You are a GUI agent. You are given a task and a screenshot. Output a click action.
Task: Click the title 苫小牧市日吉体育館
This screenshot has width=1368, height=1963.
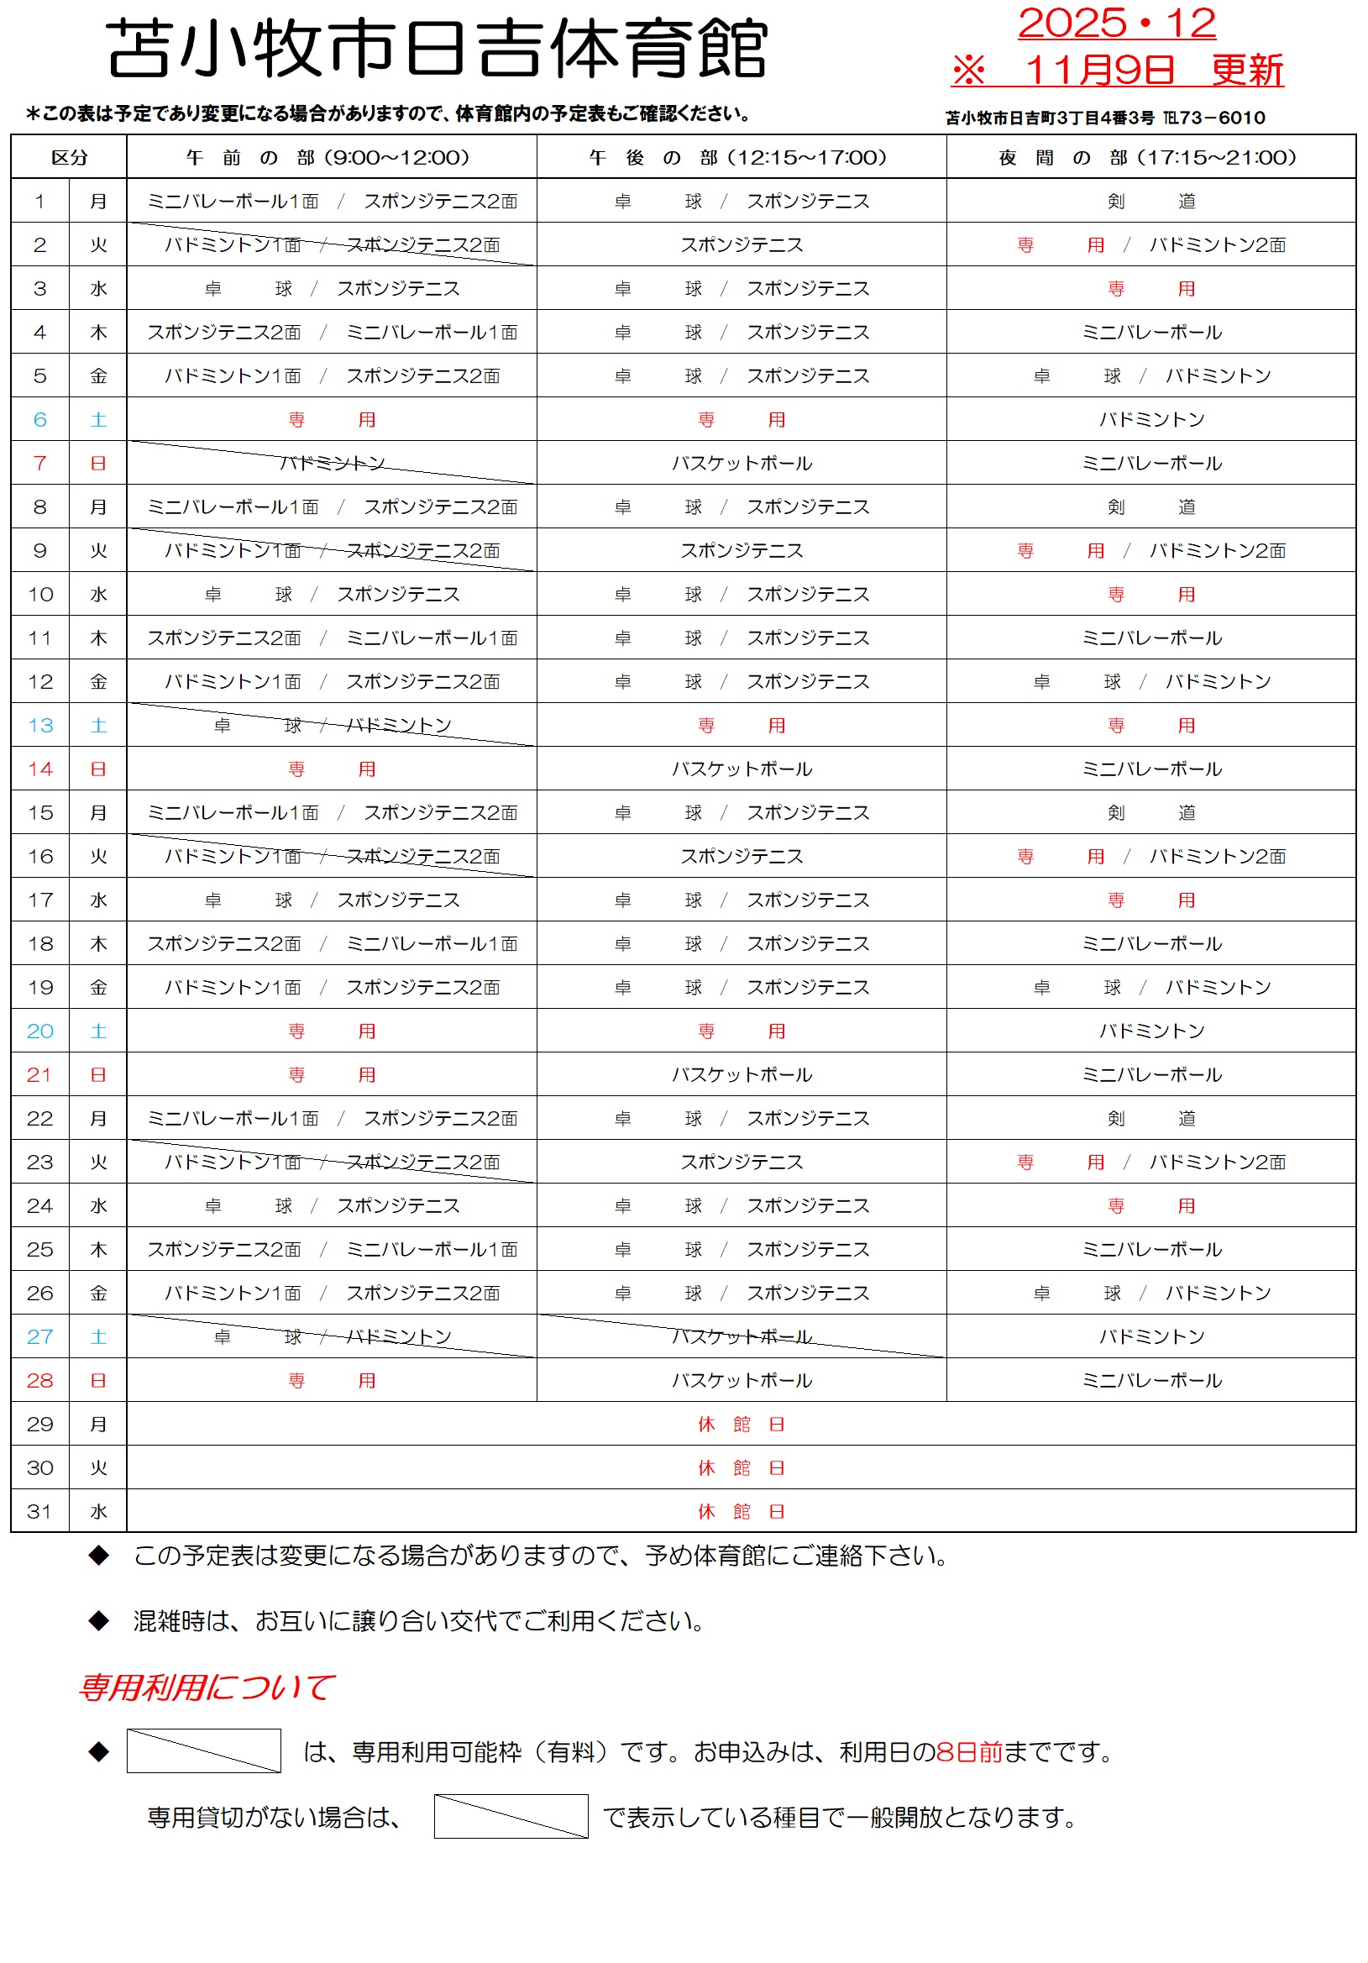[x=437, y=50]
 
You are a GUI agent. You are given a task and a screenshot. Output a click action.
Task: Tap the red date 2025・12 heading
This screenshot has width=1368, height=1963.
[x=1116, y=23]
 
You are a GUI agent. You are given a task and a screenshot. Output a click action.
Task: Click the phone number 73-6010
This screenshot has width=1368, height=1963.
[x=1222, y=118]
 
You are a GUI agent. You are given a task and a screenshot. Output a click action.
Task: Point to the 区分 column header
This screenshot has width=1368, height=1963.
[x=69, y=157]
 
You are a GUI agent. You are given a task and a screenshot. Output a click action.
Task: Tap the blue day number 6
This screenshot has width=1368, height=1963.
[x=40, y=420]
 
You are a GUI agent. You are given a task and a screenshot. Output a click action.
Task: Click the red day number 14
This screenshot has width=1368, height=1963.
[x=40, y=769]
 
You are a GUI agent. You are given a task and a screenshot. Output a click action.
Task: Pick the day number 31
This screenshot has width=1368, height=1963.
[x=40, y=1512]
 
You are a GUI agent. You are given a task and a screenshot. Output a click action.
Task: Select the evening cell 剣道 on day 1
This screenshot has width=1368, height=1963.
[x=1150, y=202]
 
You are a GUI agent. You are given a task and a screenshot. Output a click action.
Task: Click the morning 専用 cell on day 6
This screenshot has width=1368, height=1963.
[x=332, y=420]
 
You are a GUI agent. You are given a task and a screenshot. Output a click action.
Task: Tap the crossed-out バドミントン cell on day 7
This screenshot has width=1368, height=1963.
[x=332, y=464]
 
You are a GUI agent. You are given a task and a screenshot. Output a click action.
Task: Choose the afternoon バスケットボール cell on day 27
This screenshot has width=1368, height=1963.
[x=742, y=1336]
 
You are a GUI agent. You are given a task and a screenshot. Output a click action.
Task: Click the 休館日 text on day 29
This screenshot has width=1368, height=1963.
[x=742, y=1425]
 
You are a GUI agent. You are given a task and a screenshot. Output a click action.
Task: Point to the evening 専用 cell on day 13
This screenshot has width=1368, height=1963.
[x=1150, y=726]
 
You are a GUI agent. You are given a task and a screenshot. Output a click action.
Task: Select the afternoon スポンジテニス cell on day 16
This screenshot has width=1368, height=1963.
[x=742, y=857]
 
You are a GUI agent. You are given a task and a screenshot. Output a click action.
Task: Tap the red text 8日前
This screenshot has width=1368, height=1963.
[x=969, y=1752]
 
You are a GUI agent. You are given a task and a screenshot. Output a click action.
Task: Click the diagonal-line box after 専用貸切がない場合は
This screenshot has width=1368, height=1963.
[x=511, y=1816]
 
